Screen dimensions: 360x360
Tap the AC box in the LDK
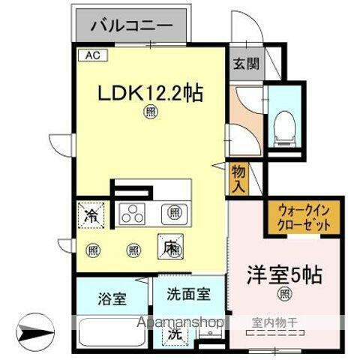(x=90, y=56)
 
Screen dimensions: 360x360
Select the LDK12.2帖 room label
(x=150, y=93)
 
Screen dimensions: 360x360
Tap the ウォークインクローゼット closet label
(x=304, y=217)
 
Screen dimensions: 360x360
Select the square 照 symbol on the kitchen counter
(x=175, y=213)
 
